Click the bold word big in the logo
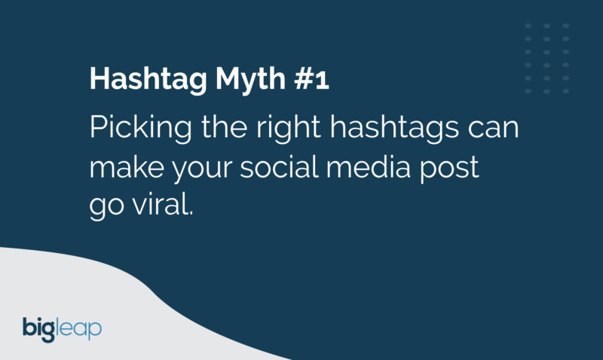pos(40,328)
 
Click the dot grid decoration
pos(546,58)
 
